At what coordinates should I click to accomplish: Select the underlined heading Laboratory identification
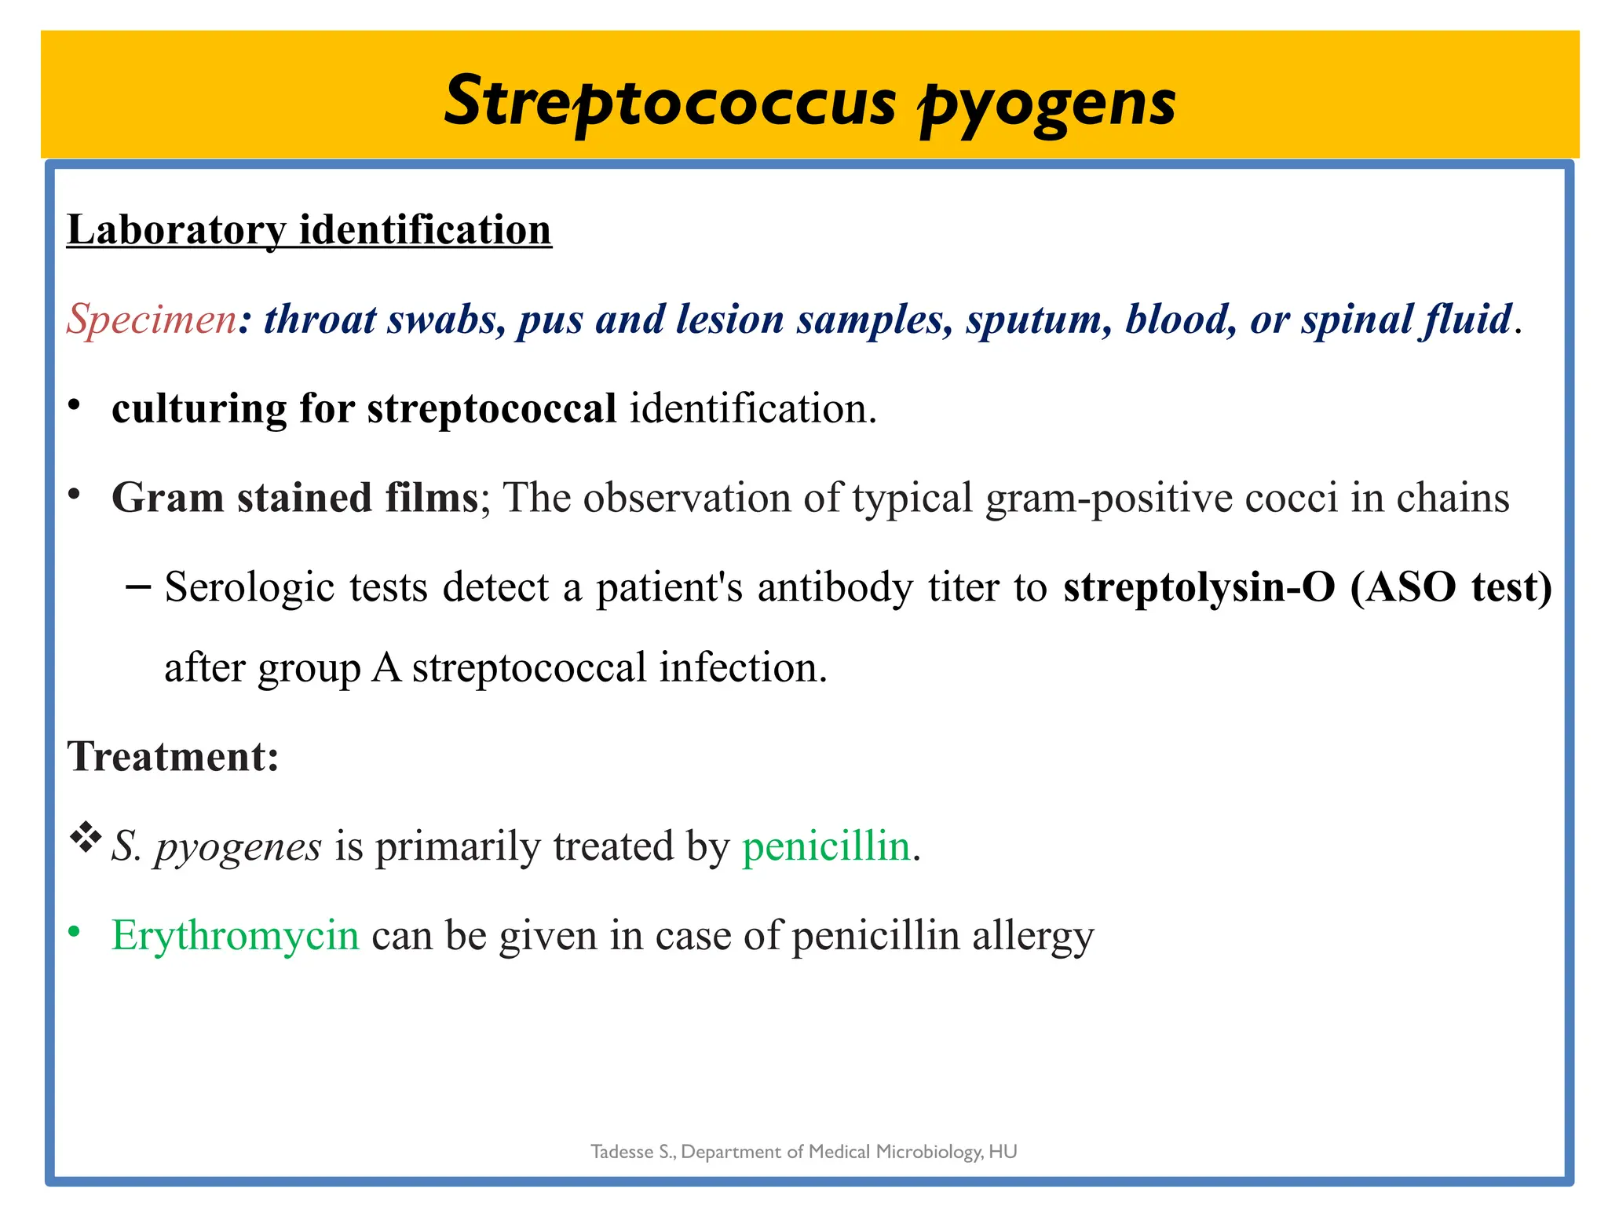point(309,229)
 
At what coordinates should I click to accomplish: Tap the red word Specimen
point(152,319)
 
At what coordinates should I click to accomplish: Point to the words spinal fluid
point(1405,319)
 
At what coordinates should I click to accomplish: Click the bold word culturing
point(199,408)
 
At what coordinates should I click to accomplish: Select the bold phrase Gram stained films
point(295,497)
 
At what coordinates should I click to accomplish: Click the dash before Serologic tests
point(138,586)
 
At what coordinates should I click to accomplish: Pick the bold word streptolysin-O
point(1198,587)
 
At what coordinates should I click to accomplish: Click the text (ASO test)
point(1451,587)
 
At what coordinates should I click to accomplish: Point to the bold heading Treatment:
point(174,756)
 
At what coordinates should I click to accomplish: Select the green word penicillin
point(826,846)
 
